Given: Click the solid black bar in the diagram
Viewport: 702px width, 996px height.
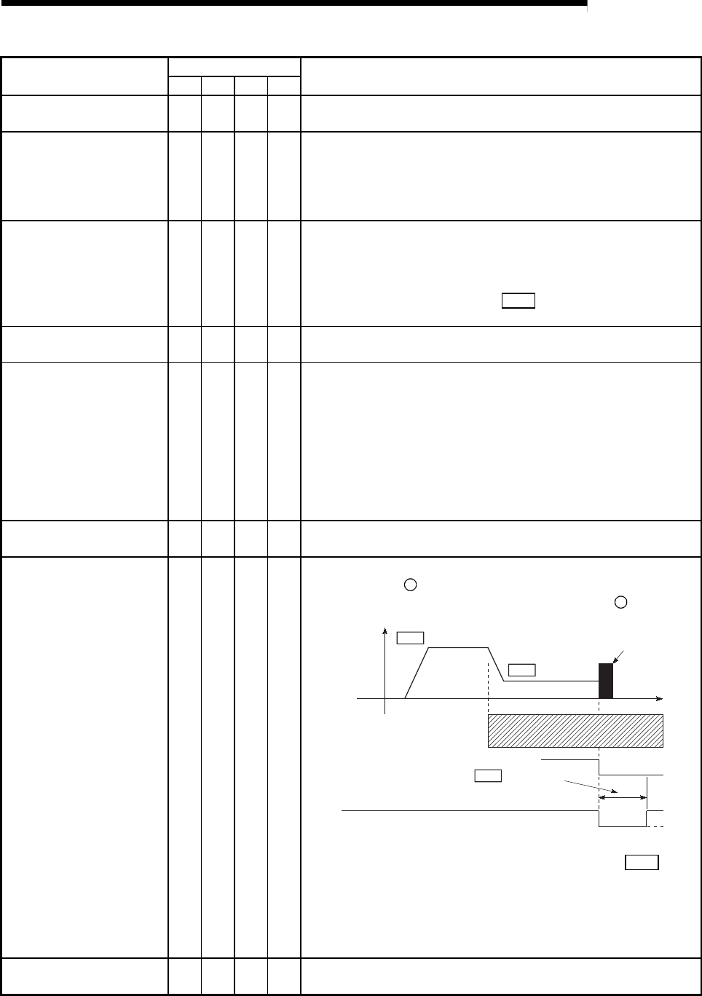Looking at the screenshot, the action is tap(606, 681).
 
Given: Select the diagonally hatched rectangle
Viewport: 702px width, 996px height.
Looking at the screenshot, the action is tap(575, 731).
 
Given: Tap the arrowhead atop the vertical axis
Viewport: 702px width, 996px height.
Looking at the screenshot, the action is tap(384, 630).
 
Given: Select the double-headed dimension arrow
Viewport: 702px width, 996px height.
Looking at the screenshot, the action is tap(623, 798).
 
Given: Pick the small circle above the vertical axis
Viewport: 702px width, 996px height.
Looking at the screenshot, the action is tap(411, 585).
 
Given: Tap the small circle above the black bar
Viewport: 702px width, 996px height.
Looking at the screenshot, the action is tap(621, 602).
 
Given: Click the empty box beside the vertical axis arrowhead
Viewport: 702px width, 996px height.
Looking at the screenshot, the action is tap(410, 638).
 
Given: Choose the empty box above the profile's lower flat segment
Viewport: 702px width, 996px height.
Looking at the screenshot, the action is tap(521, 670).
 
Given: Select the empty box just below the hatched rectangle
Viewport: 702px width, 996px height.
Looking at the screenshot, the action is tap(488, 775).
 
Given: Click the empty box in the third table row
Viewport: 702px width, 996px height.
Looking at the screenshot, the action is tap(518, 301).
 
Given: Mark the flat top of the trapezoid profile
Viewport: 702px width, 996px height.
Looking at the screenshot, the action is tap(457, 647).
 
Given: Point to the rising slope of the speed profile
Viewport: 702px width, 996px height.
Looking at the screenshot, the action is tap(415, 673).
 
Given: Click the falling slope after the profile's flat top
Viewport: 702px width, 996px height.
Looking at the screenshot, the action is tap(496, 664).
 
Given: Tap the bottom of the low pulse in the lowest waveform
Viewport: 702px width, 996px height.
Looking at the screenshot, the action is tap(623, 826).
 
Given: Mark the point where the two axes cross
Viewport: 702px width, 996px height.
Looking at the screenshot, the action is tap(384, 699).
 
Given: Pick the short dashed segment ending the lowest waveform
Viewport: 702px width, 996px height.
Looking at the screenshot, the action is tap(655, 826).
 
